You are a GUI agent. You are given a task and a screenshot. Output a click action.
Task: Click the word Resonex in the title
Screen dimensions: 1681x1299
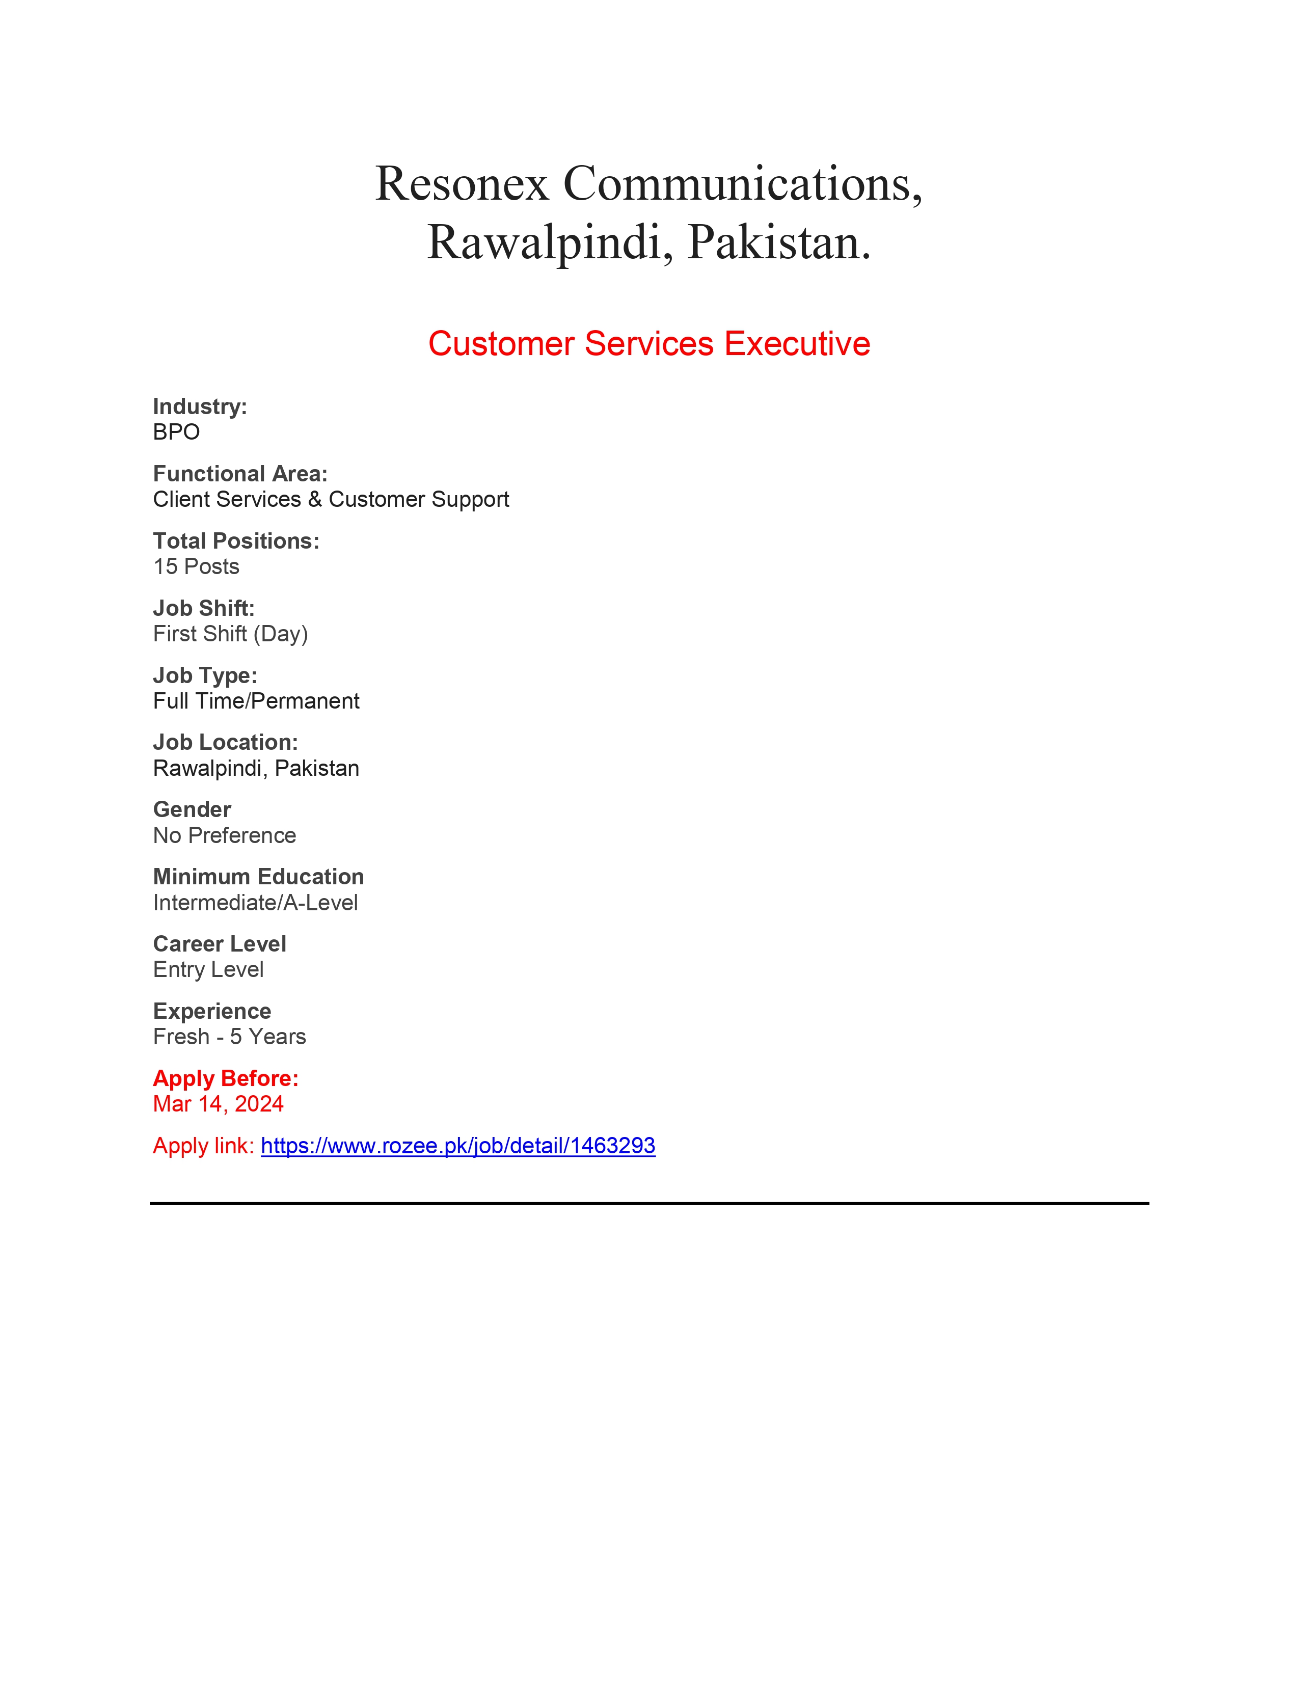tap(461, 185)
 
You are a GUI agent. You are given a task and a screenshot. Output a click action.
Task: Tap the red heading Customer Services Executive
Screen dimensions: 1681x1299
tap(648, 344)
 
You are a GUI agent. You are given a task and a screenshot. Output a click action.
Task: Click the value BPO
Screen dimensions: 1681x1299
tap(176, 432)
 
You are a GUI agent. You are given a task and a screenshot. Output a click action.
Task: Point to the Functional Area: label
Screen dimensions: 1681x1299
tap(240, 473)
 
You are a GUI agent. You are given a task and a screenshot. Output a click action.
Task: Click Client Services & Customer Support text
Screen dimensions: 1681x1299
tap(331, 500)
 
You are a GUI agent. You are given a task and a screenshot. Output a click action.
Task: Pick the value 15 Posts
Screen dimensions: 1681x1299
tap(196, 566)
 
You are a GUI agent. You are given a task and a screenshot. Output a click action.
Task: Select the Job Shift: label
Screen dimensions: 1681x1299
tap(204, 608)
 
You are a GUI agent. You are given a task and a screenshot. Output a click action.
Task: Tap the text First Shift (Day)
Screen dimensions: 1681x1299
tap(230, 634)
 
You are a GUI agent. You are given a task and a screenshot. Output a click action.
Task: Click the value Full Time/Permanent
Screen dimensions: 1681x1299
tap(256, 701)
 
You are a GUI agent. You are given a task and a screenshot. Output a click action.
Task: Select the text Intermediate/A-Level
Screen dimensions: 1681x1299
tap(256, 903)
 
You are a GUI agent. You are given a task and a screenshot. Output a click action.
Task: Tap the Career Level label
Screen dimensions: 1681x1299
tap(220, 943)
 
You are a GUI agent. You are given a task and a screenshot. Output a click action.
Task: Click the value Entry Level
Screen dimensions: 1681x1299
tap(208, 970)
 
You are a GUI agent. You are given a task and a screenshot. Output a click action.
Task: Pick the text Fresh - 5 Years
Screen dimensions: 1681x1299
tap(229, 1037)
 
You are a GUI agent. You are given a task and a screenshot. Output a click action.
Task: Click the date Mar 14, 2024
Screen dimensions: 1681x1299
tap(219, 1104)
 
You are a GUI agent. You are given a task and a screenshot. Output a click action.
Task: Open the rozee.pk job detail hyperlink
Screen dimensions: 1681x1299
tap(458, 1146)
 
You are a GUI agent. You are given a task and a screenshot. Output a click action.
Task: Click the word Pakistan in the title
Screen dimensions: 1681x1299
tap(778, 243)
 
